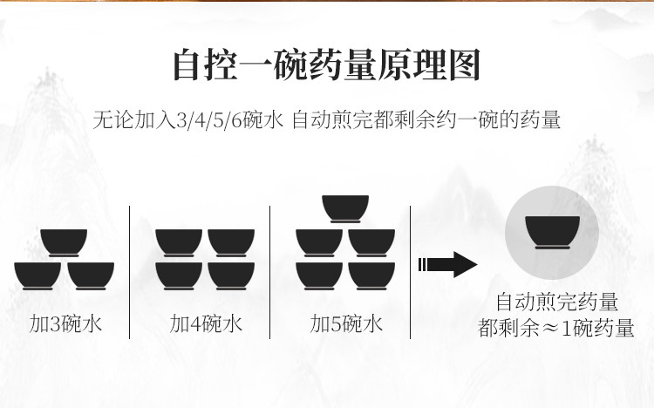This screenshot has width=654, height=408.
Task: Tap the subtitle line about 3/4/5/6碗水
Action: [x=326, y=119]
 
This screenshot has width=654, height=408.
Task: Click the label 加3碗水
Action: [x=65, y=325]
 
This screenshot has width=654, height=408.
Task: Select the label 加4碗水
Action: [x=206, y=325]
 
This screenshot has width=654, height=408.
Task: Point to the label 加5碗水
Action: [x=346, y=325]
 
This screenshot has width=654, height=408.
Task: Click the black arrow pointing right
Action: [x=447, y=264]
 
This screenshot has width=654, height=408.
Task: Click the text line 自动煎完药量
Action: [x=557, y=303]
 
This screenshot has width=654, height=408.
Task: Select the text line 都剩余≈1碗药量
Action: [x=557, y=330]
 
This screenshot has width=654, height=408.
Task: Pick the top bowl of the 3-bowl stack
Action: [x=65, y=241]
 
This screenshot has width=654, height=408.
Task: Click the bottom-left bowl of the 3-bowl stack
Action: [x=38, y=275]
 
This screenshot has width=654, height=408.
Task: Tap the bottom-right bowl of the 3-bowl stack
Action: [x=91, y=275]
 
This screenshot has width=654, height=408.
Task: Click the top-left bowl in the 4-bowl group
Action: [x=180, y=241]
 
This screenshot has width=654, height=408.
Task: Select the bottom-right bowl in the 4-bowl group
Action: [x=231, y=275]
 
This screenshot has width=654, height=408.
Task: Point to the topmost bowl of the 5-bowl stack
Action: [x=346, y=208]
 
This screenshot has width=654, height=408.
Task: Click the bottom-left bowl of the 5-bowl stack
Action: [x=320, y=275]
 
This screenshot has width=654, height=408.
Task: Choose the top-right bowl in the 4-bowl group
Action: [x=231, y=241]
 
